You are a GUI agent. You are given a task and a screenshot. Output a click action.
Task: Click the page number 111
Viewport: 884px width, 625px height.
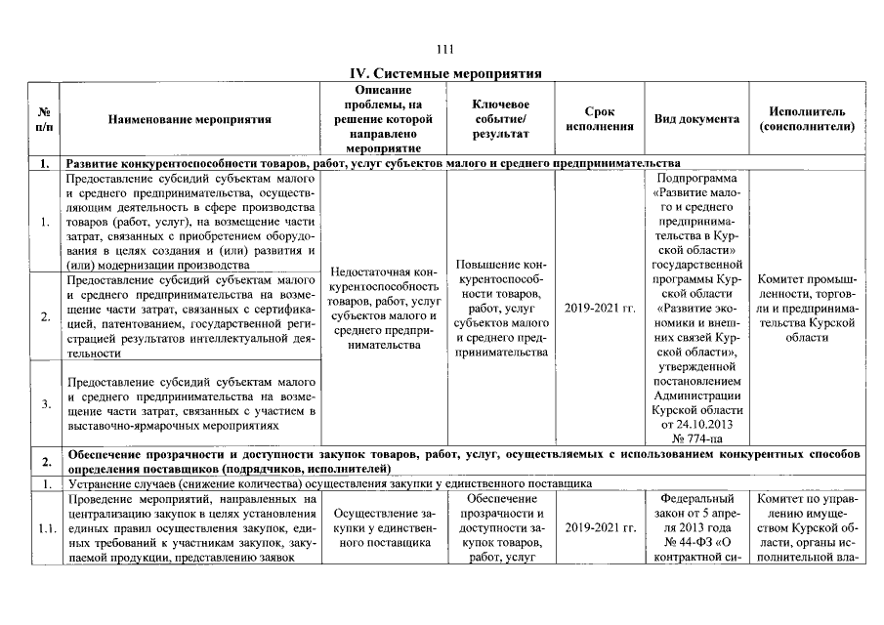445,50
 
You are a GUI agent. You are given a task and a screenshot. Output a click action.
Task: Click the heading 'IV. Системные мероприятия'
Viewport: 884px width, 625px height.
445,73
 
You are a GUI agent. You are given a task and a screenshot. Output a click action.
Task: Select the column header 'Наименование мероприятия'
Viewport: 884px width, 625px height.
189,119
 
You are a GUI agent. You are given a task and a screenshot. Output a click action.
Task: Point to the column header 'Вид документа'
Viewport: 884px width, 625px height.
696,119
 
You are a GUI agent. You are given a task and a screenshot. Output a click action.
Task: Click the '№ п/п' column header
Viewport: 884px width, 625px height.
45,119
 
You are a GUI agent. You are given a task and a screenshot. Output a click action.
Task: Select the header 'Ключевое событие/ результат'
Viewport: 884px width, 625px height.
500,119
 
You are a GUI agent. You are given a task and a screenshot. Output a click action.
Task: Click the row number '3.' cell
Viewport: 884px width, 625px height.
45,402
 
